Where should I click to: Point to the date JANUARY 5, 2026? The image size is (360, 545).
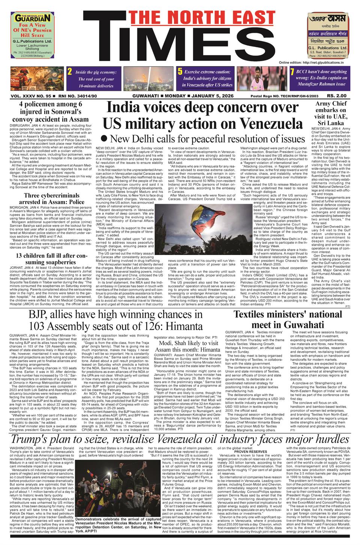point(212,96)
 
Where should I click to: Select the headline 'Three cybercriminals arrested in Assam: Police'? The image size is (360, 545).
point(54,198)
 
